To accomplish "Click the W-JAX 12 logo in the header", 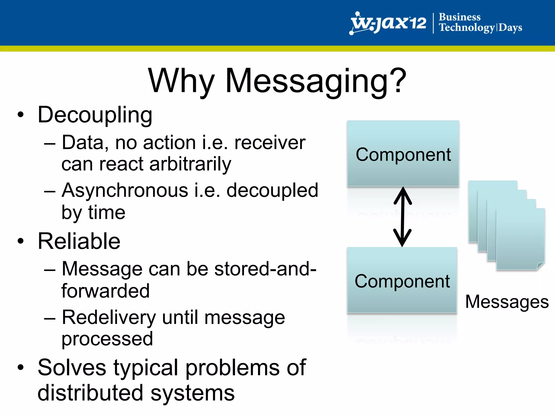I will point(388,23).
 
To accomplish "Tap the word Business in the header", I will point(460,17).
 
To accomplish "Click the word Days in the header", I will point(510,28).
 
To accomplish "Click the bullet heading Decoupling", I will point(95,115).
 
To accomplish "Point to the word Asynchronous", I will point(125,190).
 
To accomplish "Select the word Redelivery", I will point(109,317).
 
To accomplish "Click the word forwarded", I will point(105,291).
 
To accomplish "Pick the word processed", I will point(107,339).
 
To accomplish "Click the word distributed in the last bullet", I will point(90,393).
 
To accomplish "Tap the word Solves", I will point(72,368).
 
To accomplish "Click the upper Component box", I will point(403,154).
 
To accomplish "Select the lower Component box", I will point(402,280).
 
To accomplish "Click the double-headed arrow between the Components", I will point(403,217).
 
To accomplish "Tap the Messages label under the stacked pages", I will point(507,302).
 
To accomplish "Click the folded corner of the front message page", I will point(540,266).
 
